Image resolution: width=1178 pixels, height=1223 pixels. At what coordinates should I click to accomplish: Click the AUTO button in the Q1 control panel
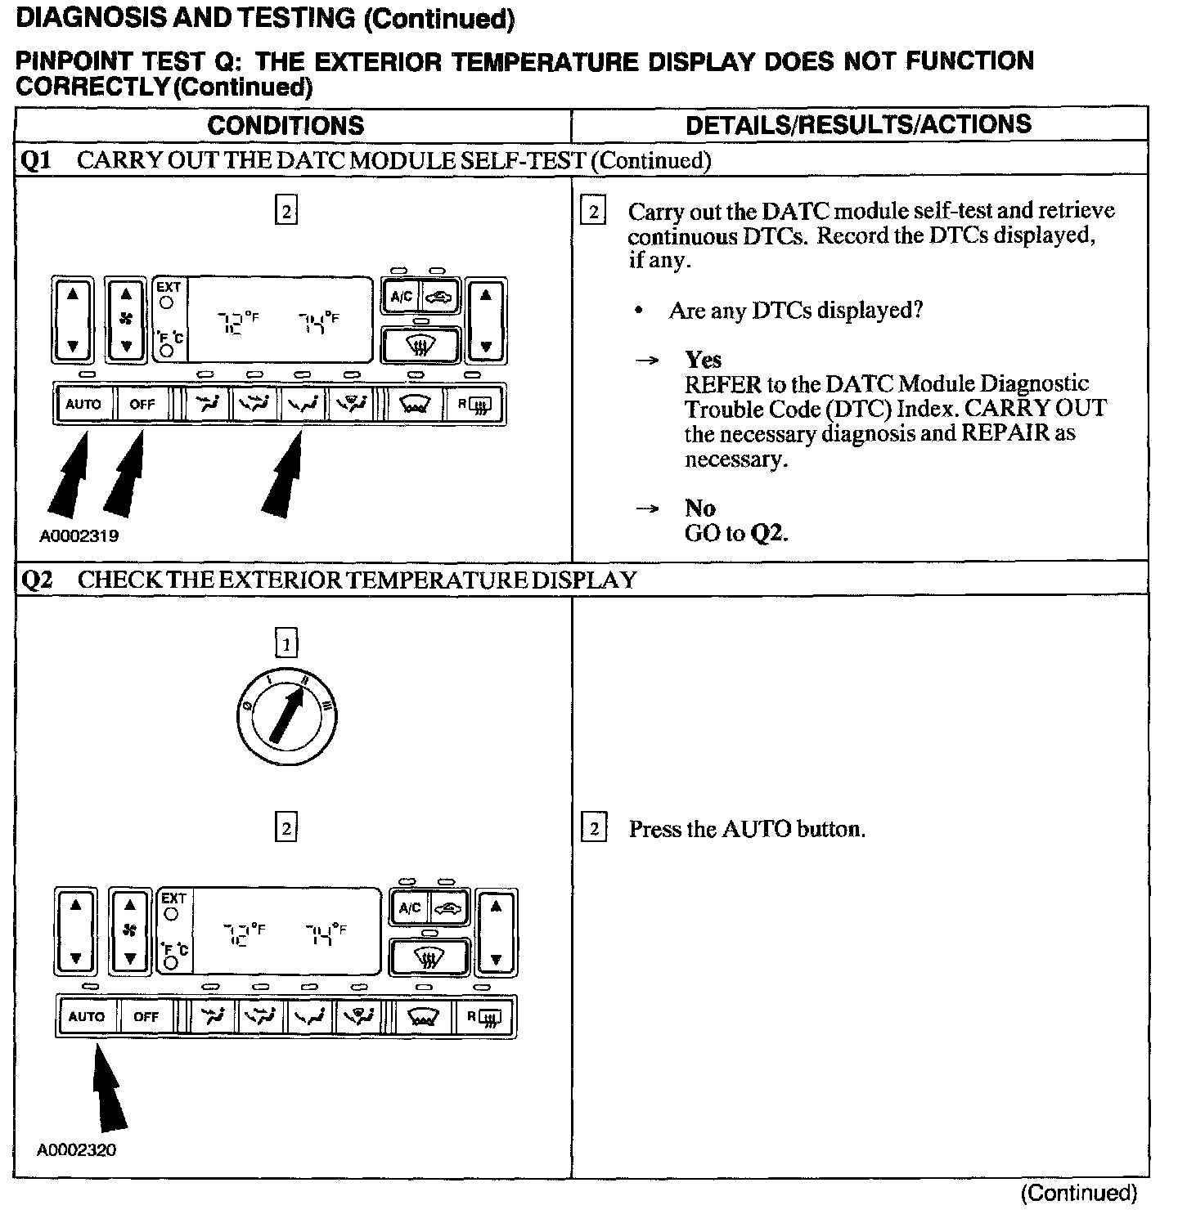[83, 404]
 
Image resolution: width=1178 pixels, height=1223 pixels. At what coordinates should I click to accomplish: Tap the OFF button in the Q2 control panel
[146, 1017]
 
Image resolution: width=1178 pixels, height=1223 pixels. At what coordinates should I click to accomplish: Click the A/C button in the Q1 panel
[402, 297]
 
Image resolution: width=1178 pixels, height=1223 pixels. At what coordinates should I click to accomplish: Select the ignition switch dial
[285, 716]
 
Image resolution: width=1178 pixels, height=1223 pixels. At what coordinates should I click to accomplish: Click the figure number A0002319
[79, 536]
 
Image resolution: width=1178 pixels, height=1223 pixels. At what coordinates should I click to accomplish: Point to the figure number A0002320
[76, 1150]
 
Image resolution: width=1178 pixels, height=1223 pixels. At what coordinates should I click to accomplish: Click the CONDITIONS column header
[286, 125]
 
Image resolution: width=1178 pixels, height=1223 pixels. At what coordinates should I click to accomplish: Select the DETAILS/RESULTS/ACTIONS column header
[858, 124]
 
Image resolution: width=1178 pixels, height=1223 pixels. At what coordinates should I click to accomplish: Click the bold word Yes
[704, 360]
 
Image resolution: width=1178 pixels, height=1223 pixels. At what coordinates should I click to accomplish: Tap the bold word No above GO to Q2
[700, 508]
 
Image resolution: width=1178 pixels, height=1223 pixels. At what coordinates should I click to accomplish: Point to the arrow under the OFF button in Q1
[124, 474]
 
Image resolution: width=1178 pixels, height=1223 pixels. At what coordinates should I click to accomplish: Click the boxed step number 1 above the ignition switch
[286, 645]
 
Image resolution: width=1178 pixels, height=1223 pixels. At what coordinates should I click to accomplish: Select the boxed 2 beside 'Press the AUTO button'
[594, 829]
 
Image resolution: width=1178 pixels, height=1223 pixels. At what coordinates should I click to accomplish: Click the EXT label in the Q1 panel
[169, 287]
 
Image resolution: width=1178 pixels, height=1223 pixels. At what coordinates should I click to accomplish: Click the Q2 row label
[37, 580]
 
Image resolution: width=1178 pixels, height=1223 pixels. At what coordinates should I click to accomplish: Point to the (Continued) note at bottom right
[1078, 1193]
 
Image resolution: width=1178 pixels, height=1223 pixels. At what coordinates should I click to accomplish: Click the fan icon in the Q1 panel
[126, 320]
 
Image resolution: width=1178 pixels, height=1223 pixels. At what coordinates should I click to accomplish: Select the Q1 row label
[36, 160]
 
